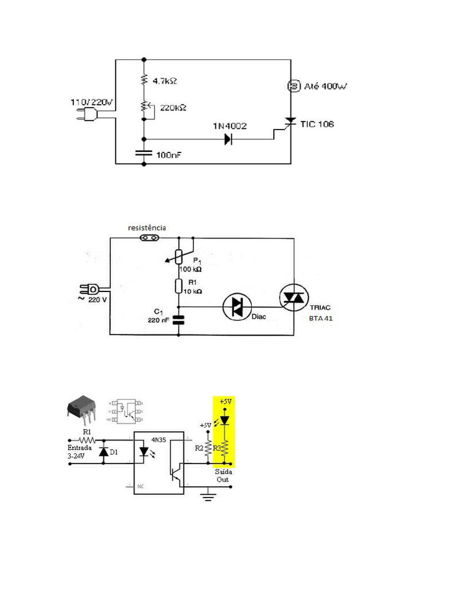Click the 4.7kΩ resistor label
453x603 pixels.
coord(165,78)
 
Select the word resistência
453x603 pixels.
coord(147,227)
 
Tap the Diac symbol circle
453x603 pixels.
coord(237,306)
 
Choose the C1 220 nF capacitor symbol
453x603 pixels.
coord(179,319)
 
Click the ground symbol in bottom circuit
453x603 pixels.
coord(207,497)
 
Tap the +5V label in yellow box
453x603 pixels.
coord(225,401)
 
